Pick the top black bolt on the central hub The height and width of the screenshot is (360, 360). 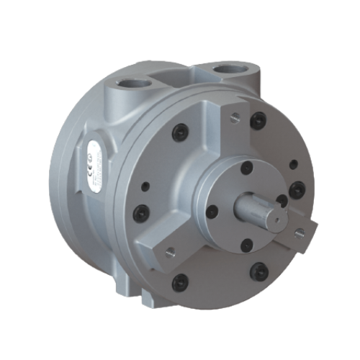247,168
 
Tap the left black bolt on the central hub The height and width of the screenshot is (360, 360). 212,211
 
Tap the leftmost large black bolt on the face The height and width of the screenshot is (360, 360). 141,212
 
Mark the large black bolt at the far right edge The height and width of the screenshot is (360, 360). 297,191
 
